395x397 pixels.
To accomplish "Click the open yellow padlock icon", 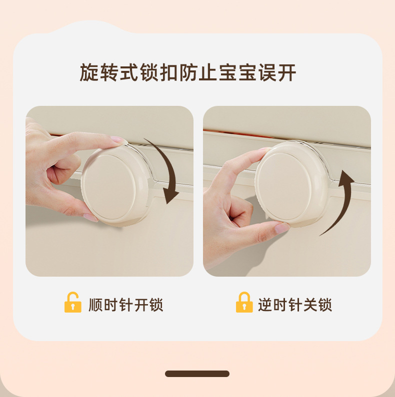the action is pos(73,302).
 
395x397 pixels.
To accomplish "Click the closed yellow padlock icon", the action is pos(244,302).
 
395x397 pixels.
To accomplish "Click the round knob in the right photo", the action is pos(291,184).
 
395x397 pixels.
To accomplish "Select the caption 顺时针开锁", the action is pos(126,305).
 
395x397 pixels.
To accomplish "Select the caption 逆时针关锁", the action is pos(295,305).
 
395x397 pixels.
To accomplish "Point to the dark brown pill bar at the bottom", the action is pos(197,374).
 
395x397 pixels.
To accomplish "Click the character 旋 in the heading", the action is pos(89,73).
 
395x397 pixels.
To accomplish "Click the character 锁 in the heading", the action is pos(149,73).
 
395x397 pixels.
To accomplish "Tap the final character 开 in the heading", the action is pos(287,73).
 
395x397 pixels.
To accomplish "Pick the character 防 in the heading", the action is pos(188,73).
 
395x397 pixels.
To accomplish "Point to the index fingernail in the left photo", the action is pos(117,139).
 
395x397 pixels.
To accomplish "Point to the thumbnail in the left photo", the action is pos(91,218).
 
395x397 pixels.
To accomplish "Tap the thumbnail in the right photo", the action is pos(282,228).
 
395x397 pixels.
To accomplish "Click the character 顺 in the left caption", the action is pos(95,305).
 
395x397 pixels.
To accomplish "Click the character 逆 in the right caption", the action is pos(265,305).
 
